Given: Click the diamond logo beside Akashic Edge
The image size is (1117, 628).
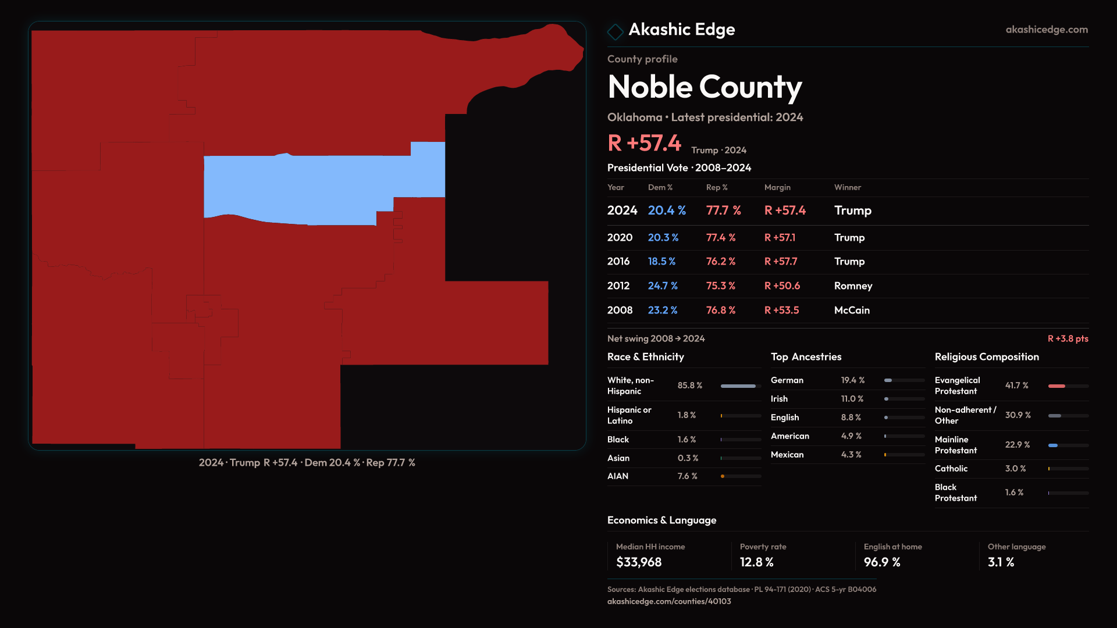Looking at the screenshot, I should point(615,31).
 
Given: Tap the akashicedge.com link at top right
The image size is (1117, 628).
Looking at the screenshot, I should point(1046,30).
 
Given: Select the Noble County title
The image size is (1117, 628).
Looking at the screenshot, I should point(705,87).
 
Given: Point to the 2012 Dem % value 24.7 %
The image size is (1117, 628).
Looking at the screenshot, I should point(663,286).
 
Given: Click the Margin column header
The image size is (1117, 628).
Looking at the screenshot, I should point(777,187).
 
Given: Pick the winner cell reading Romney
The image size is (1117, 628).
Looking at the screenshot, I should point(853,286).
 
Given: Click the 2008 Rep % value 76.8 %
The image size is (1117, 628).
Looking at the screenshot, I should point(720,311).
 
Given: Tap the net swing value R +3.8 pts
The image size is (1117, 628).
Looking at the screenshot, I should point(1068,338).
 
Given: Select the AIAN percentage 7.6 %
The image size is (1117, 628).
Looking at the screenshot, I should point(687,476).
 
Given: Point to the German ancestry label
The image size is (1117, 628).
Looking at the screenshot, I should point(787,380).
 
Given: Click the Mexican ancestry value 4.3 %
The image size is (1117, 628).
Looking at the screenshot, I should point(851,455).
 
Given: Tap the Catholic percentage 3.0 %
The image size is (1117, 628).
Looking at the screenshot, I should point(1015,469).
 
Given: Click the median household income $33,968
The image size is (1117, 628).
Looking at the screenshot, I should point(639,562).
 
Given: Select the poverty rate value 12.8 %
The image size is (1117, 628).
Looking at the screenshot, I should point(756,562).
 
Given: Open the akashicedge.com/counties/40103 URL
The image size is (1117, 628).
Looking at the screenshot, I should point(669,601).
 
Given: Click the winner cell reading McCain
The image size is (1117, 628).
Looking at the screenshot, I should point(852,311).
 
